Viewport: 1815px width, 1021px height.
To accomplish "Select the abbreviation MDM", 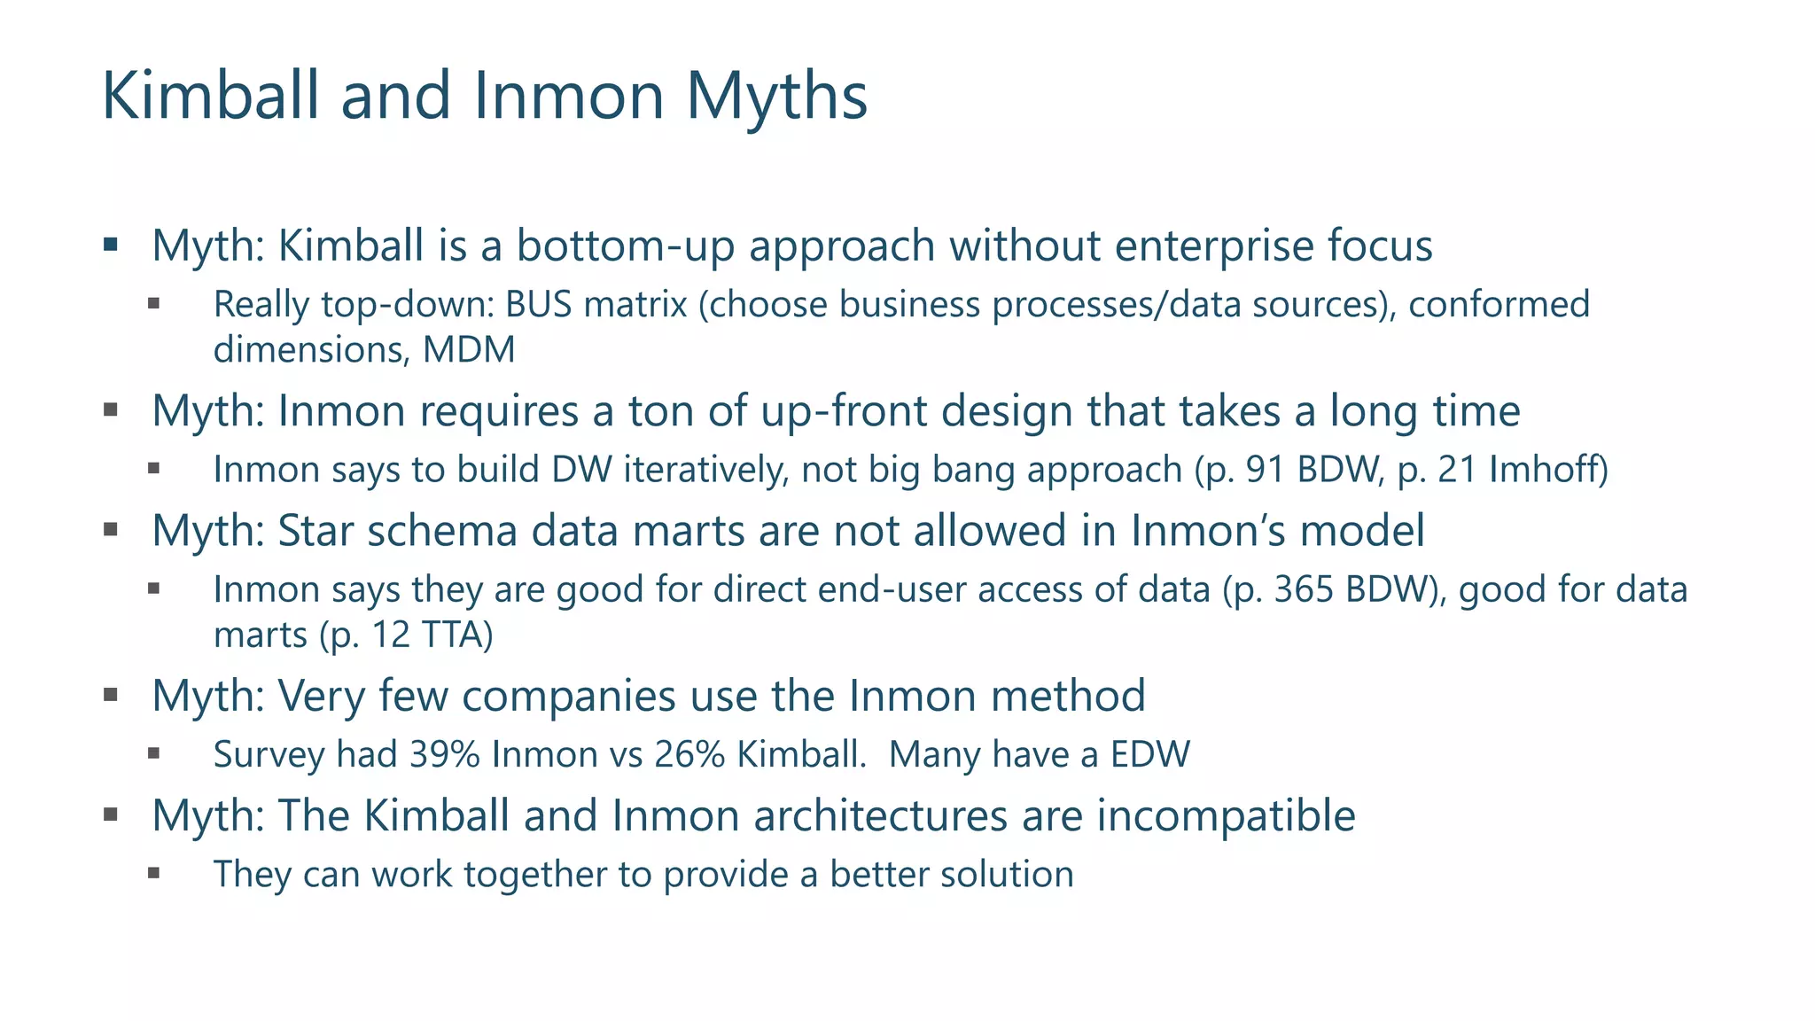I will point(469,349).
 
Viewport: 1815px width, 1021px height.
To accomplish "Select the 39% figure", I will point(444,755).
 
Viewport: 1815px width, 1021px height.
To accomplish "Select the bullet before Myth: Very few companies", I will point(111,695).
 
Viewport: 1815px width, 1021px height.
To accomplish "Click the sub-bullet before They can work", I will point(154,873).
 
